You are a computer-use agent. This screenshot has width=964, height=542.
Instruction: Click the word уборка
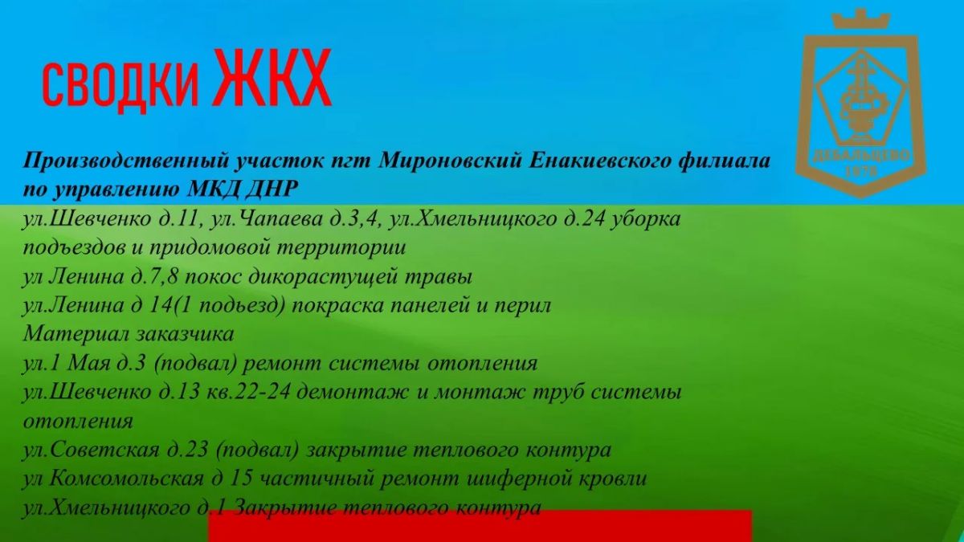tap(646, 219)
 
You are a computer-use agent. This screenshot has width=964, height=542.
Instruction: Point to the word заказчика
tap(186, 335)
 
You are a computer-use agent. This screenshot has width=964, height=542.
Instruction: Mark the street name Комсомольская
tap(126, 479)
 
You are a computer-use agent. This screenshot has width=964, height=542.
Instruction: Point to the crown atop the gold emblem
tap(860, 20)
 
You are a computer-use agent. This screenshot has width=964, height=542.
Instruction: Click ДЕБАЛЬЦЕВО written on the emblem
tap(860, 156)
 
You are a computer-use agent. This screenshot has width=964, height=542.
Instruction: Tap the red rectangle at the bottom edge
tap(480, 526)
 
